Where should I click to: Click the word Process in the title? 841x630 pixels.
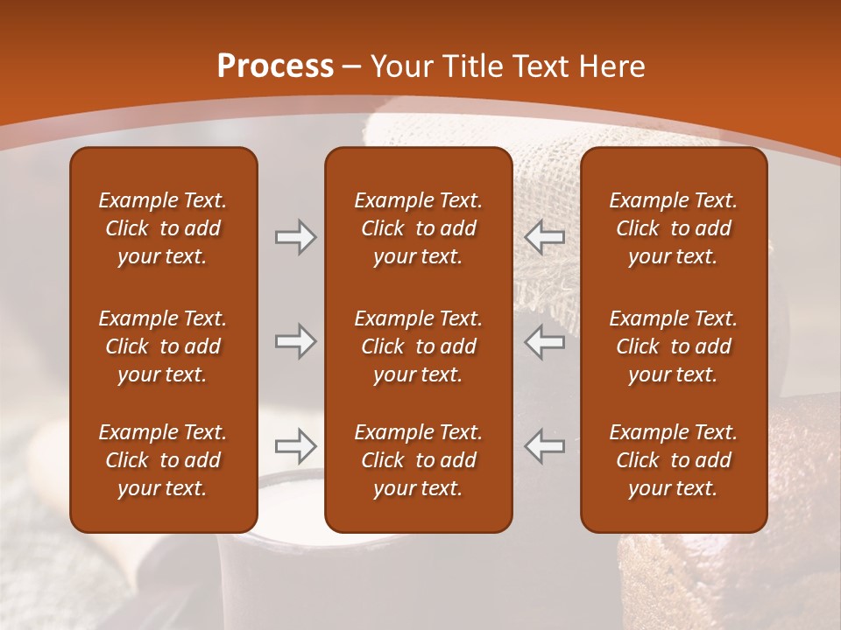tap(275, 66)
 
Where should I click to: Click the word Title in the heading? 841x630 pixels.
tap(470, 66)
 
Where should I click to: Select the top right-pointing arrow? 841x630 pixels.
tap(295, 237)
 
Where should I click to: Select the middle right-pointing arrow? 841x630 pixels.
tap(295, 341)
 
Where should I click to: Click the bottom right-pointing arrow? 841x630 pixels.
tap(295, 446)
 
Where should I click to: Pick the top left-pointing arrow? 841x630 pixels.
tap(545, 237)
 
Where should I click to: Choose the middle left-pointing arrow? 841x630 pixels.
tap(545, 341)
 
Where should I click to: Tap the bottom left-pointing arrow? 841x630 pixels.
tap(545, 446)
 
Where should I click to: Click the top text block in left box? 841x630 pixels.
tap(163, 228)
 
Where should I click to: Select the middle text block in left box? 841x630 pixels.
tap(163, 346)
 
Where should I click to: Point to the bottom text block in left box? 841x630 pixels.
tap(163, 460)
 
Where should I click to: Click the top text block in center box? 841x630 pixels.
tap(418, 228)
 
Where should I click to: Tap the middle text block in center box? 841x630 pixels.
tap(418, 346)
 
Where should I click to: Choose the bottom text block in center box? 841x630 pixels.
tap(418, 460)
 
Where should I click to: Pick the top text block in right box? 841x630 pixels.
tap(673, 228)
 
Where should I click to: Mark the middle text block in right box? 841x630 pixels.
tap(673, 346)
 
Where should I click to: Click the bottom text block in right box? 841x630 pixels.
tap(673, 460)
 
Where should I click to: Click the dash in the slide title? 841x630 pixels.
tap(352, 67)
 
